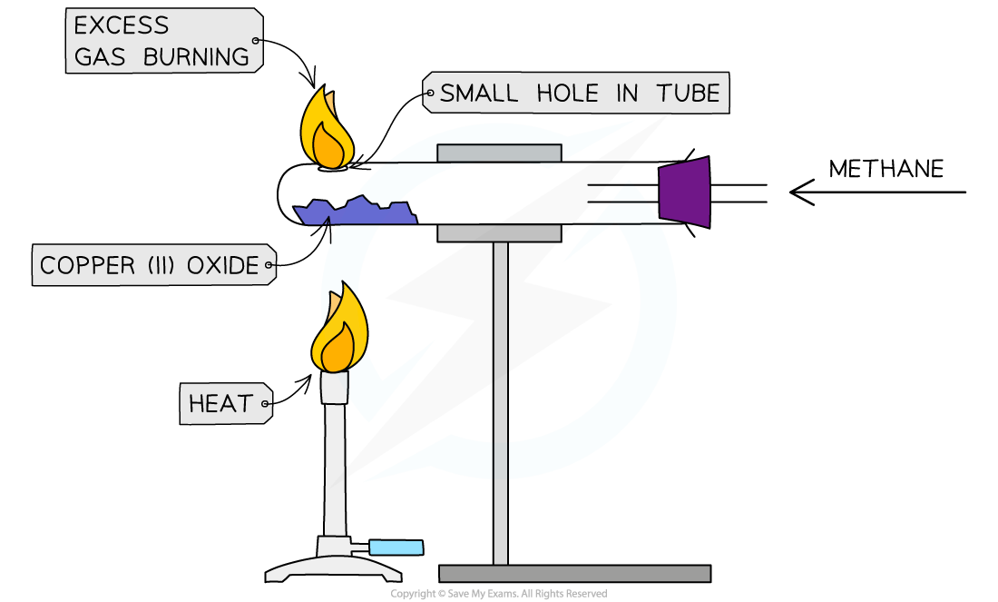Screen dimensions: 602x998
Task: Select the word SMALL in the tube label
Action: [x=479, y=93]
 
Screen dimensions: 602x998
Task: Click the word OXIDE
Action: [x=223, y=266]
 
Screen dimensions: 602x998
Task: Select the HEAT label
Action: [x=220, y=403]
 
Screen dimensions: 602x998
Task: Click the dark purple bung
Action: [x=685, y=192]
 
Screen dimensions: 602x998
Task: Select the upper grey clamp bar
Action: [x=499, y=153]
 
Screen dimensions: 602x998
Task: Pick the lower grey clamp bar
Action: [x=499, y=233]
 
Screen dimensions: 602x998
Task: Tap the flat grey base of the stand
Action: [x=574, y=573]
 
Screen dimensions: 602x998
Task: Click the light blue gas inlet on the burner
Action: [x=396, y=548]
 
